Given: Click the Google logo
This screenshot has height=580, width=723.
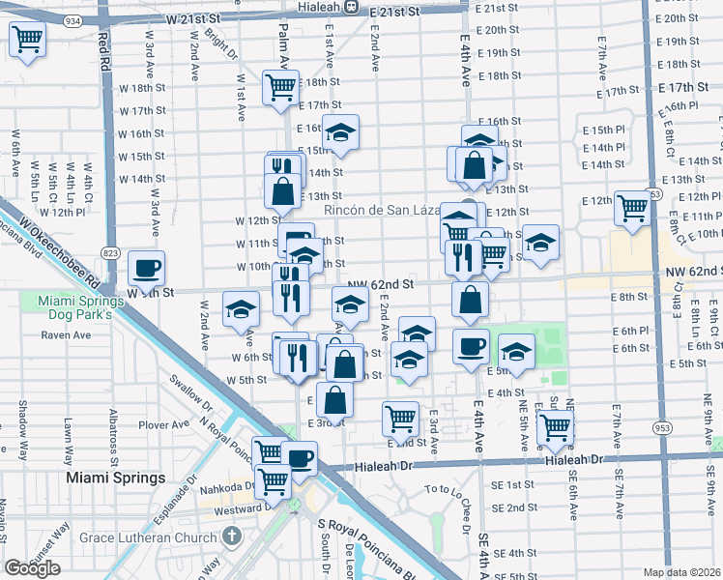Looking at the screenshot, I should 32,568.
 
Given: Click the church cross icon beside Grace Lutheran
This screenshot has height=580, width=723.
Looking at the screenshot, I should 231,535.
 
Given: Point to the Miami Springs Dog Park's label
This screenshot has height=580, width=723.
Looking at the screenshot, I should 80,308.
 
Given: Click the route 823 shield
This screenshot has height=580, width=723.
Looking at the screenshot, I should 111,253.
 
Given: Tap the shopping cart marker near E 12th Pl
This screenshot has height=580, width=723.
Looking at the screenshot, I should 632,207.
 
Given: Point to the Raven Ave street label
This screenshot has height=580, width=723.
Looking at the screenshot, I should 67,335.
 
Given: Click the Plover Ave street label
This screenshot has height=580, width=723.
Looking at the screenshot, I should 163,424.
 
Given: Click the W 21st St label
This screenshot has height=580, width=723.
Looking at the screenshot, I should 201,18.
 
